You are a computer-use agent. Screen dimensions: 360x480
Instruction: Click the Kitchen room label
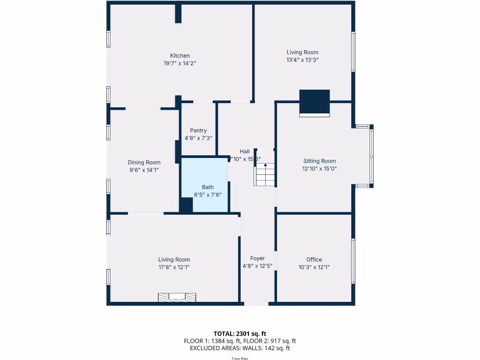[x=180, y=56]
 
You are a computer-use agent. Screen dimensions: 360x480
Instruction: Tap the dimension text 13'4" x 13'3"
[x=302, y=60]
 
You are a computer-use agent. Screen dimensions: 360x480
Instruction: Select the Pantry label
[x=198, y=131]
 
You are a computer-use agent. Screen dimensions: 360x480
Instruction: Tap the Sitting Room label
[x=319, y=161]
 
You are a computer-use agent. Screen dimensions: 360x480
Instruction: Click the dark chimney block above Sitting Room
[x=314, y=101]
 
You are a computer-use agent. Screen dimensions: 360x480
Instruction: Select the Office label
[x=314, y=260]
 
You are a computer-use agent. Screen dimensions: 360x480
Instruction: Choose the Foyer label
[x=257, y=258]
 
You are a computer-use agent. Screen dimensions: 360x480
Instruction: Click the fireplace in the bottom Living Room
[x=177, y=297]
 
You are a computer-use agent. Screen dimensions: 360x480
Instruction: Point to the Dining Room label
[x=144, y=163]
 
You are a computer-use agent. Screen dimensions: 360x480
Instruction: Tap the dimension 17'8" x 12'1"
[x=174, y=267]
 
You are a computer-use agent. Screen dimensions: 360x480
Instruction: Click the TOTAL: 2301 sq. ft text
[x=240, y=334]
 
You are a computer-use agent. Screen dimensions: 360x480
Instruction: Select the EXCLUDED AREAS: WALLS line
[x=240, y=348]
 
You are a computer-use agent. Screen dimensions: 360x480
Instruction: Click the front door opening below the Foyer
[x=256, y=304]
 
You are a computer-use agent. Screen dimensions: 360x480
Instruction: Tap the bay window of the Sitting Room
[x=371, y=156]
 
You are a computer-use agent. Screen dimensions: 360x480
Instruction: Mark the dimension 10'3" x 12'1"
[x=314, y=267]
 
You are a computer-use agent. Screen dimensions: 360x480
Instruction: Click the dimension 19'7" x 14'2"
[x=180, y=63]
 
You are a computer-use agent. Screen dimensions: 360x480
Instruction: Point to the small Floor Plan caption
[x=240, y=359]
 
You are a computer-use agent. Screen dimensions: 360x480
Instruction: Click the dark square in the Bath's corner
[x=187, y=205]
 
